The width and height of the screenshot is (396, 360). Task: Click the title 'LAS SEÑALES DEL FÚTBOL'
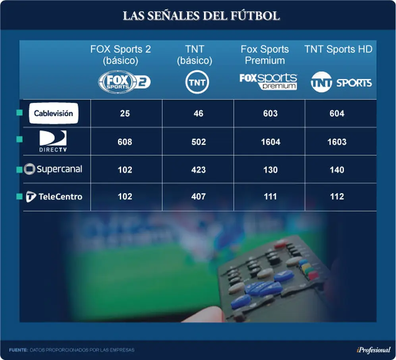point(201,15)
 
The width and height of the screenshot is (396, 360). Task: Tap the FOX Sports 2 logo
point(124,82)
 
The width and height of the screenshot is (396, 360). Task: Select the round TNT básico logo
point(197,82)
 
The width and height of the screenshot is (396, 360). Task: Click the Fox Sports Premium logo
point(268,81)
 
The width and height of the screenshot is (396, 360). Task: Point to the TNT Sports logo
point(341,82)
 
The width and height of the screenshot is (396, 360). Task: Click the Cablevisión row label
point(54,113)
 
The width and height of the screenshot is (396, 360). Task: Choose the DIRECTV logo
point(53,141)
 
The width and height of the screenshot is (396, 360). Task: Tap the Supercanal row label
point(53,169)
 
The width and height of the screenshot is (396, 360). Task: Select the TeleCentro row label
point(54,196)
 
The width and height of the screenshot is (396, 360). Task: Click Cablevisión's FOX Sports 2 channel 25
point(125,114)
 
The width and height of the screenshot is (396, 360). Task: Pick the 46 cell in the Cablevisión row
point(199,114)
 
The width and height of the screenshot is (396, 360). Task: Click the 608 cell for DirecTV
point(125,142)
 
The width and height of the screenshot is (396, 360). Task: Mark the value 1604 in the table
point(271,142)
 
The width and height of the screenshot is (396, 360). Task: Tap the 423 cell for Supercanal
point(199,169)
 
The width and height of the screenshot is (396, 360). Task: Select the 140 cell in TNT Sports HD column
point(337,169)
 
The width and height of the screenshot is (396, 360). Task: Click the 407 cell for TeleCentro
point(199,196)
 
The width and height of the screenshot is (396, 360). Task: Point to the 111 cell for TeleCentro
point(270,196)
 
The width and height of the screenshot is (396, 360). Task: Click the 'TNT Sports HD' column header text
point(338,49)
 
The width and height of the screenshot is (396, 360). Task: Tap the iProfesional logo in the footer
point(373,350)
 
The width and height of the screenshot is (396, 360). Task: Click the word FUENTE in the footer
point(18,350)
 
